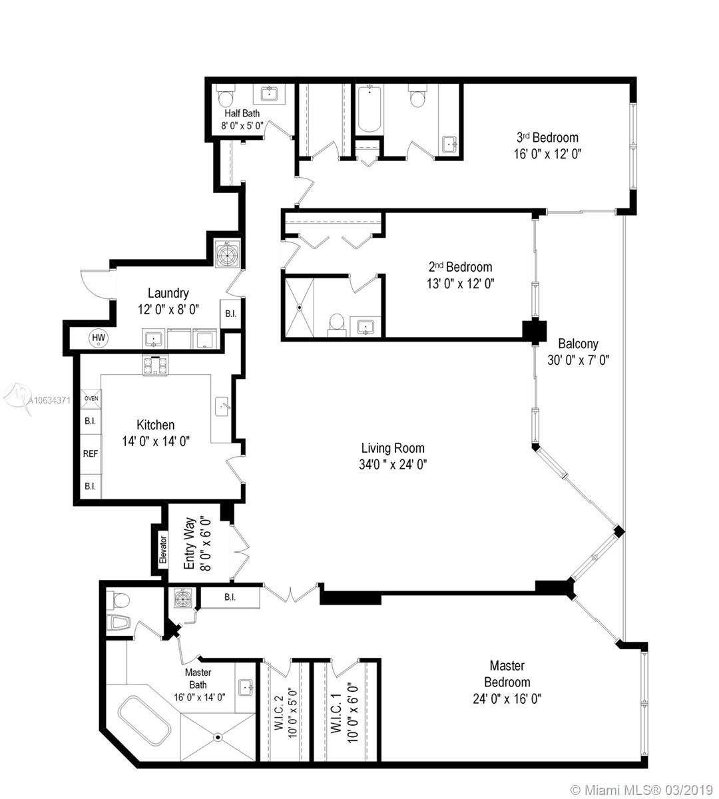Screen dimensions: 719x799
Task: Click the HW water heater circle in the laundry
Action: pyautogui.click(x=99, y=338)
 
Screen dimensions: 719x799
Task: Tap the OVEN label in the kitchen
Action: pyautogui.click(x=91, y=398)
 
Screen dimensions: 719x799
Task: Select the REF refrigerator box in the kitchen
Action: pyautogui.click(x=91, y=453)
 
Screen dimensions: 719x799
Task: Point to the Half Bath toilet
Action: pyautogui.click(x=226, y=96)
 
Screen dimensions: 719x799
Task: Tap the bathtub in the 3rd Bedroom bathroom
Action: pyautogui.click(x=369, y=109)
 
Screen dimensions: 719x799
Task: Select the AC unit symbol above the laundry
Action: pyautogui.click(x=228, y=253)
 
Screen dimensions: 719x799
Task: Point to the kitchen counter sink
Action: pyautogui.click(x=222, y=406)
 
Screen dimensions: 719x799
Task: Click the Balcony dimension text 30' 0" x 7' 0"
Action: pyautogui.click(x=578, y=360)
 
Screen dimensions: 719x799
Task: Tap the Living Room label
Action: pyautogui.click(x=393, y=448)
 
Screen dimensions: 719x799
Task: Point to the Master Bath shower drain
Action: pyautogui.click(x=218, y=737)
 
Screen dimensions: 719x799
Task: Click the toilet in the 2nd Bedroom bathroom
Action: pyautogui.click(x=337, y=324)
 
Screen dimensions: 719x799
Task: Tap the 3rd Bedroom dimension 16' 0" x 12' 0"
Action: pyautogui.click(x=547, y=154)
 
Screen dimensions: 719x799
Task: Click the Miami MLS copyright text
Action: pyautogui.click(x=642, y=790)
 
